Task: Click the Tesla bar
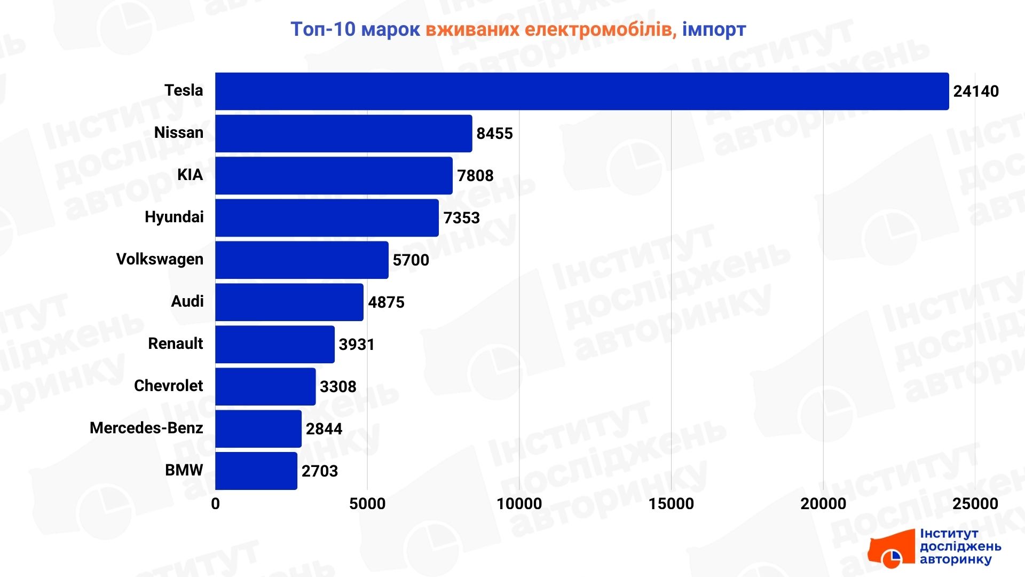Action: coord(582,91)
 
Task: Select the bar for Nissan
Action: coord(344,134)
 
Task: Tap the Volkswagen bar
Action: coord(302,260)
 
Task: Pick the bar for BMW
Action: coord(256,471)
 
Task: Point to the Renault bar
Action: coord(275,345)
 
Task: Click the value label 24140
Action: coord(976,91)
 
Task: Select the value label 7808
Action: coord(475,176)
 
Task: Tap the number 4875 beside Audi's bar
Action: coord(386,302)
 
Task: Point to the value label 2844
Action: coord(324,429)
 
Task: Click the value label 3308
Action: coord(338,387)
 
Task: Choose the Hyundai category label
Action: coord(174,217)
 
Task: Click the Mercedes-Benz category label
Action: coord(146,428)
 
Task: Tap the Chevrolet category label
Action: coord(168,386)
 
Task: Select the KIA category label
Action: coord(190,175)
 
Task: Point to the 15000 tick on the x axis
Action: coord(671,504)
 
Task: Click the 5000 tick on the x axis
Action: coord(367,504)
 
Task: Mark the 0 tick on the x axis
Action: coord(215,504)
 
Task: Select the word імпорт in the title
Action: coord(714,29)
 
